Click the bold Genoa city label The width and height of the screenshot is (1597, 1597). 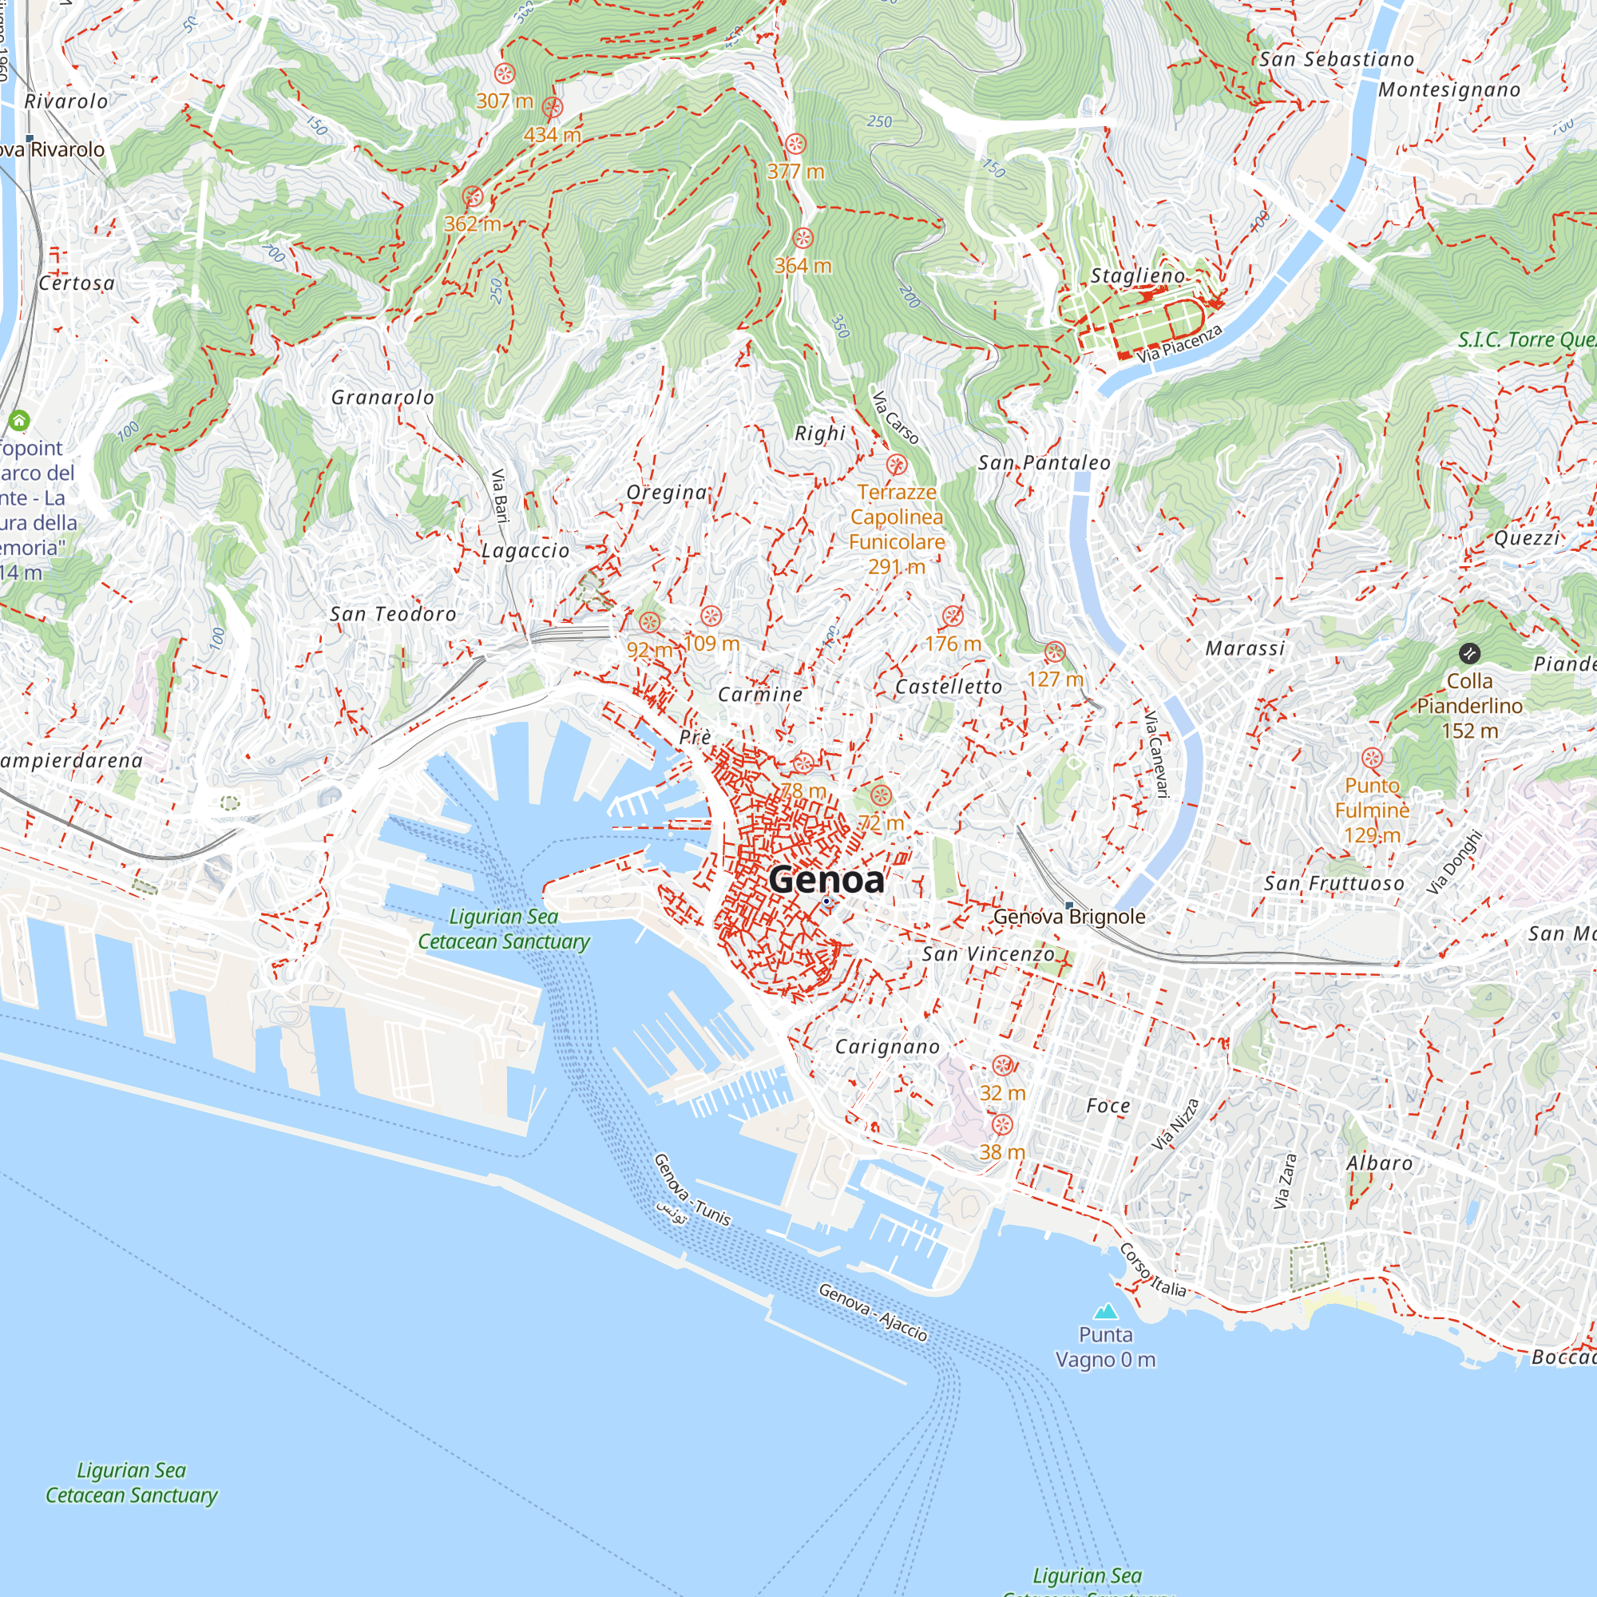click(x=826, y=879)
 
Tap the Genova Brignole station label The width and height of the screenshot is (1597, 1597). click(x=1069, y=917)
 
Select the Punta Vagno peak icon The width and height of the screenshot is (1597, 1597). click(x=1105, y=1312)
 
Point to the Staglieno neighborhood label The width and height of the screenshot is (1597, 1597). click(x=1137, y=276)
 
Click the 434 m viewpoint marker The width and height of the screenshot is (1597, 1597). click(x=553, y=108)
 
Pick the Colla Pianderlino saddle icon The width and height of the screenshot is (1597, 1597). click(x=1469, y=654)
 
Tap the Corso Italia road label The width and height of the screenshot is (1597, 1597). click(x=1153, y=1270)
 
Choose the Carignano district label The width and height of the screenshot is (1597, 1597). click(x=887, y=1048)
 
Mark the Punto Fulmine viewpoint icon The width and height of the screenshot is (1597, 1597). click(x=1372, y=758)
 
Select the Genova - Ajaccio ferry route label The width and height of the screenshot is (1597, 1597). click(x=873, y=1312)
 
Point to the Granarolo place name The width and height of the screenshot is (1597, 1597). click(x=382, y=398)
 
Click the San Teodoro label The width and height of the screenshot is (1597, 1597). click(x=393, y=614)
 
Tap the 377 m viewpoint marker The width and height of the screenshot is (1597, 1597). click(x=795, y=145)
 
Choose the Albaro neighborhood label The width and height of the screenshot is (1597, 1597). click(x=1380, y=1164)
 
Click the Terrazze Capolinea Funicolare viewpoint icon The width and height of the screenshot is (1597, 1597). click(x=897, y=465)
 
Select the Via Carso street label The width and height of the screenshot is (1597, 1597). click(x=895, y=418)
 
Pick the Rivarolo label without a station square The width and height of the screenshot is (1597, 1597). click(x=66, y=101)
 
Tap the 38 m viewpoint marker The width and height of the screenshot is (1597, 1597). click(x=1002, y=1125)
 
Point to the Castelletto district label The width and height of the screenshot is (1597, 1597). click(x=949, y=687)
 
